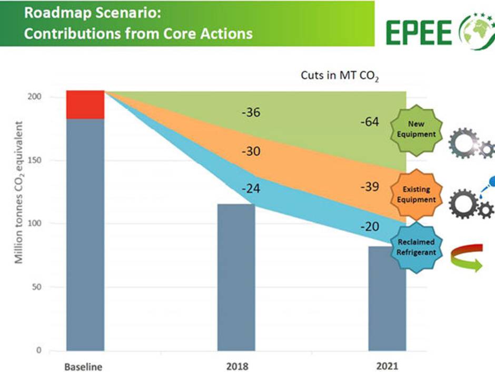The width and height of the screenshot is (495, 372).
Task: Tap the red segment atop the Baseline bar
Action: point(85,104)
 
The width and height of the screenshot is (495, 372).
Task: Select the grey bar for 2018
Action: point(236,277)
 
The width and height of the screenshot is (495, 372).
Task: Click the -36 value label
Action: point(251,112)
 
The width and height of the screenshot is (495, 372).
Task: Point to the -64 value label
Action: point(371,122)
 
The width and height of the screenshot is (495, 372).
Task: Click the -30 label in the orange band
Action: point(251,151)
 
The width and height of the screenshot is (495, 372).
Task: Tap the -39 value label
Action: point(371,187)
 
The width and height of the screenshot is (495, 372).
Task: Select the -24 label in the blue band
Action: point(251,188)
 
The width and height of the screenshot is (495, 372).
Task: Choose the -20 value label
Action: point(371,226)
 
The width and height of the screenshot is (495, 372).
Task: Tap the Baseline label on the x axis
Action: point(83,366)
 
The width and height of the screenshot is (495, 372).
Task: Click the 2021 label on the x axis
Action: point(387,366)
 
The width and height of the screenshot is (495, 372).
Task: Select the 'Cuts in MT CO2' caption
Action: point(340,75)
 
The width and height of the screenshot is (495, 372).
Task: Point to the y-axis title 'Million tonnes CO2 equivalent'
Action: point(19,193)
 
